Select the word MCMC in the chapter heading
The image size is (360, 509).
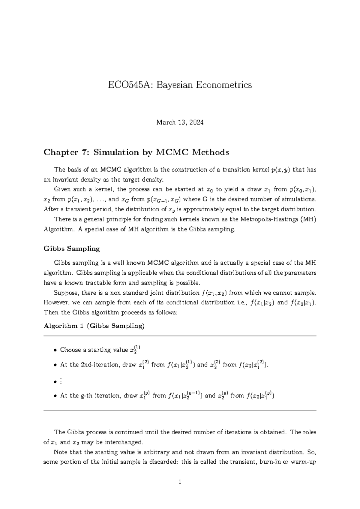(x=172, y=152)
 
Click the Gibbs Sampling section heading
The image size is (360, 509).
(x=72, y=248)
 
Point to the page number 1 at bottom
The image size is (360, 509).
(x=180, y=482)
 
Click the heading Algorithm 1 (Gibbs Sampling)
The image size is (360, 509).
(x=94, y=326)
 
